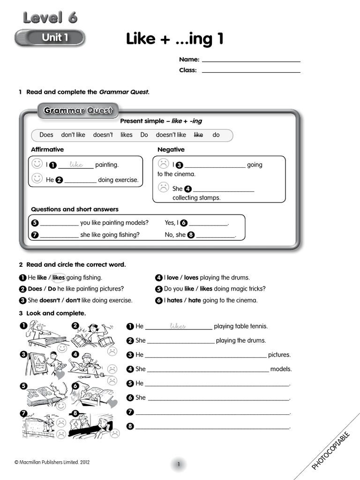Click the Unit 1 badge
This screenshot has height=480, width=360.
click(50, 37)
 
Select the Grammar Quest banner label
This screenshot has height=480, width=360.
click(78, 111)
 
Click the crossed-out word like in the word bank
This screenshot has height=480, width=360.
click(198, 135)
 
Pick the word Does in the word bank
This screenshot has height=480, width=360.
click(46, 135)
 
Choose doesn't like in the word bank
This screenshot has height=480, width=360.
click(171, 135)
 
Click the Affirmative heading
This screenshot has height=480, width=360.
click(47, 150)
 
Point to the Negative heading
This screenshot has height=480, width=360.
click(171, 150)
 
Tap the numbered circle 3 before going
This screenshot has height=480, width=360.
click(179, 165)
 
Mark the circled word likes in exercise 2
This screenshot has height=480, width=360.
click(59, 277)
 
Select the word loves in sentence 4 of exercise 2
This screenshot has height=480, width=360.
click(191, 277)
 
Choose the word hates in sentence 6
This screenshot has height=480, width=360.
click(174, 300)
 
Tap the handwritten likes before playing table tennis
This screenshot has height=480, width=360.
click(178, 326)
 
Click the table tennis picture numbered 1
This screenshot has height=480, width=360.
click(45, 334)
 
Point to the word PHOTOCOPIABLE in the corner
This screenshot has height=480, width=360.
click(331, 450)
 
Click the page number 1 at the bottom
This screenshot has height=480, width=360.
click(179, 465)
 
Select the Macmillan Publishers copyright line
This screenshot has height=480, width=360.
click(52, 462)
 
